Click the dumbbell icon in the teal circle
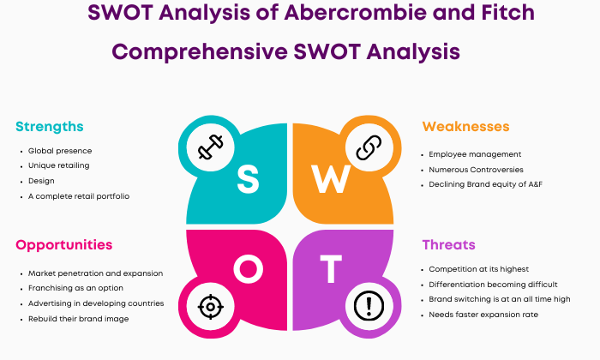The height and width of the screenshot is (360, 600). [x=211, y=147]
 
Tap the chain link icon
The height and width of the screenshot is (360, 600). [x=369, y=147]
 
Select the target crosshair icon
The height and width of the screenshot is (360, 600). [x=211, y=307]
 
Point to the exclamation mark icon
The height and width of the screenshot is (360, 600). [x=369, y=306]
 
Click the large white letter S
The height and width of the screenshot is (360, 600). [x=248, y=178]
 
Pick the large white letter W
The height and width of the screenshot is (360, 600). [x=331, y=178]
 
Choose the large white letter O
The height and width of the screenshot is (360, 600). [x=249, y=269]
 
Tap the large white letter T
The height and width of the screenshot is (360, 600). [x=331, y=269]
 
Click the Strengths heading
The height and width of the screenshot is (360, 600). [x=50, y=127]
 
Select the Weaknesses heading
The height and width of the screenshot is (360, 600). [x=465, y=127]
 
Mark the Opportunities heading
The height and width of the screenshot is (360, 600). [x=64, y=245]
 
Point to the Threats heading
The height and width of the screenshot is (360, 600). [x=448, y=245]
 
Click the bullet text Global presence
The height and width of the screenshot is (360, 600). [x=60, y=151]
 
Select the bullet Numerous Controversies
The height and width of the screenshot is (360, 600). [x=476, y=170]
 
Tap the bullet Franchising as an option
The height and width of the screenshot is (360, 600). [x=75, y=288]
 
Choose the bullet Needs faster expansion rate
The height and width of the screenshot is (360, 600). [x=483, y=315]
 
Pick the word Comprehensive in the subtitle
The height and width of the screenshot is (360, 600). [x=200, y=52]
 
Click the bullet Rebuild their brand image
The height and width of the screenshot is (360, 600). [x=79, y=319]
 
